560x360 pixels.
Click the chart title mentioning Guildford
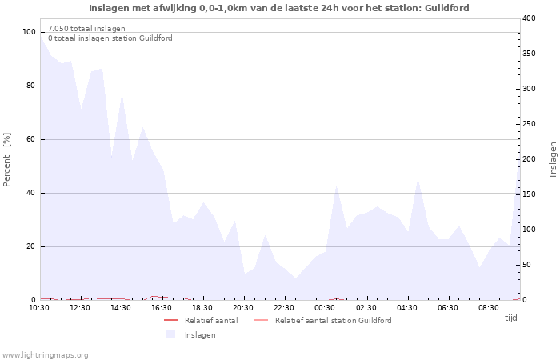[x=279, y=8]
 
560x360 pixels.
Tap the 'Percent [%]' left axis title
[x=7, y=160]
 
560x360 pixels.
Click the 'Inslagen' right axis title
[x=553, y=159]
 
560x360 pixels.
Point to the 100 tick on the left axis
[x=30, y=32]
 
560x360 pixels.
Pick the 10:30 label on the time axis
[x=39, y=307]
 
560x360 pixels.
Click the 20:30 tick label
[x=242, y=307]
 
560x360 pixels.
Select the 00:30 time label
[x=325, y=307]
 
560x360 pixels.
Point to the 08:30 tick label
[x=489, y=307]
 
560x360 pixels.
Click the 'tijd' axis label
[x=510, y=318]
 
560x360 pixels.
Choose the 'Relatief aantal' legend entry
[x=210, y=321]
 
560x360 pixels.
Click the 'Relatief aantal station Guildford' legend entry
[x=333, y=321]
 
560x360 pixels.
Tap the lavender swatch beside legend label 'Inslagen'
[x=170, y=334]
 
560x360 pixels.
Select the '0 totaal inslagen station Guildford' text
[x=110, y=38]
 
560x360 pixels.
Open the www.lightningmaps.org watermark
[x=45, y=354]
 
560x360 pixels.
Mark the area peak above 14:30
[x=122, y=95]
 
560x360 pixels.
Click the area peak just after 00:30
[x=337, y=186]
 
